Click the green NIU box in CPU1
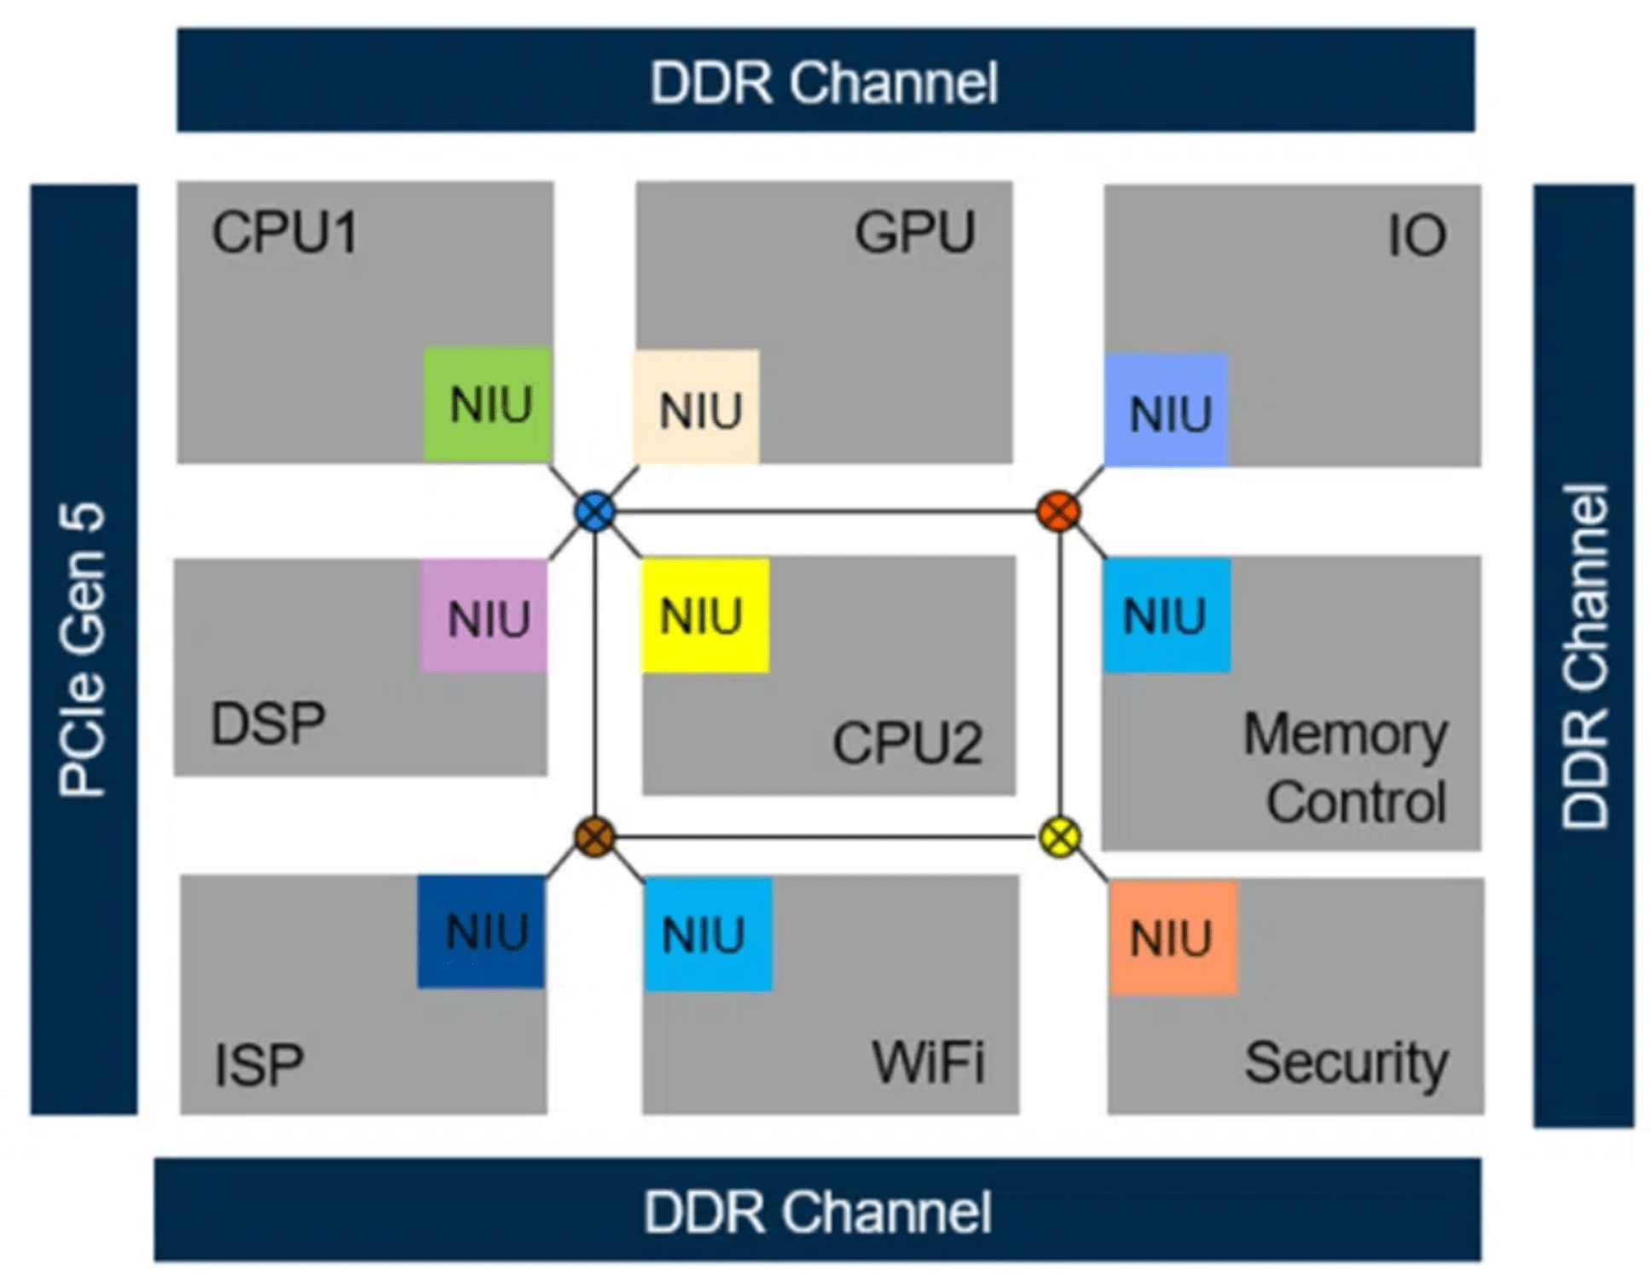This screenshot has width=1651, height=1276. [487, 404]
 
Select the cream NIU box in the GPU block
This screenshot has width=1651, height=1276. [695, 407]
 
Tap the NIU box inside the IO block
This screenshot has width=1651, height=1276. [1166, 410]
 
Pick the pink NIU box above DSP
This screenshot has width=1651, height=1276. [484, 616]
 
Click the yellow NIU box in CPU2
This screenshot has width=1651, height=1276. [705, 616]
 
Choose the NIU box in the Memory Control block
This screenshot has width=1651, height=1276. [1166, 615]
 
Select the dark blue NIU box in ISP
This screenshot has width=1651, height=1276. [481, 931]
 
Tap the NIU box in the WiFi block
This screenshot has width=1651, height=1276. [708, 934]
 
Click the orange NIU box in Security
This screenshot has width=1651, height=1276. [1173, 937]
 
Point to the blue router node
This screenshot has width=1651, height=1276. [594, 512]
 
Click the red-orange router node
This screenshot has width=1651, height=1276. [1058, 512]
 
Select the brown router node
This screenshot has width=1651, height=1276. [594, 837]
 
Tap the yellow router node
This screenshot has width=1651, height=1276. [1060, 837]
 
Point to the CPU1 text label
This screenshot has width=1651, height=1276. [285, 232]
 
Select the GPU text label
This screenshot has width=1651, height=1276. [915, 232]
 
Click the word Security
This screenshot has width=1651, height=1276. [1346, 1063]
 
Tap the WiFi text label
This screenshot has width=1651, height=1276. [928, 1063]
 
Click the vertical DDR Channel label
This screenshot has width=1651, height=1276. [1584, 657]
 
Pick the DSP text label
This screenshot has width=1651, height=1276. [268, 724]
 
